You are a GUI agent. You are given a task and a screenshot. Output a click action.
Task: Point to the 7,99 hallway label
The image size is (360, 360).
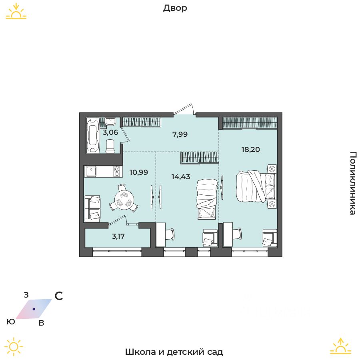(x=180, y=134)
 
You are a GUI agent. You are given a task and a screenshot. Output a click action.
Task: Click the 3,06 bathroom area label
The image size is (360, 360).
(x=110, y=132)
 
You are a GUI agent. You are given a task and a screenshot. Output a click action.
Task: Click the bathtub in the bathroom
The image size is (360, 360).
(x=93, y=135)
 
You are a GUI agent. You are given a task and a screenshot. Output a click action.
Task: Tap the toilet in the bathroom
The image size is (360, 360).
(x=110, y=146)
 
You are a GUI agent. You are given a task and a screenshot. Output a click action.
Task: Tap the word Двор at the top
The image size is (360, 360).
(x=175, y=8)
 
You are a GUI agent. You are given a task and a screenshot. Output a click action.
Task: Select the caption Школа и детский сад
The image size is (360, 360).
(x=174, y=352)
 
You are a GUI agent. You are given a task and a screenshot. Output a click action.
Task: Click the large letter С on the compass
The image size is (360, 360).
(x=59, y=296)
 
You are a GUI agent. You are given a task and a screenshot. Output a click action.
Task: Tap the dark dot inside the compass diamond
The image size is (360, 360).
(x=34, y=309)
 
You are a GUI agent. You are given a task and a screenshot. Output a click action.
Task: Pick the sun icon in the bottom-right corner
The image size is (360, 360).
(x=340, y=346)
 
